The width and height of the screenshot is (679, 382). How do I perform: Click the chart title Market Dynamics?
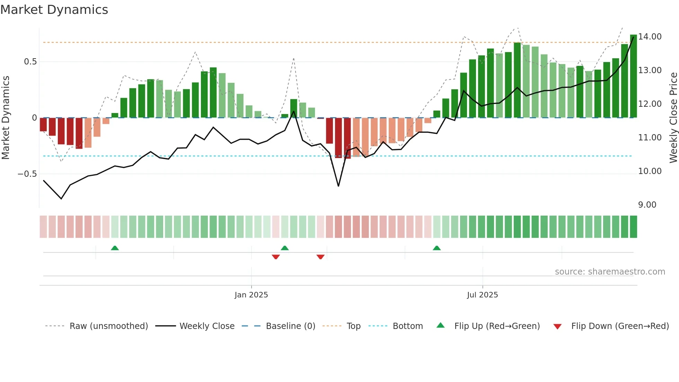tap(54, 10)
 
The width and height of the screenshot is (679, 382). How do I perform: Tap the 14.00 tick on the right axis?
tap(650, 37)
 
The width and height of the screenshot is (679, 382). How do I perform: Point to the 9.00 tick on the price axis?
tap(647, 205)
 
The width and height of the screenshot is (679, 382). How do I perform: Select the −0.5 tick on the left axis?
tap(27, 174)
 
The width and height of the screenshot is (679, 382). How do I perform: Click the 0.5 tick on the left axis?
tap(30, 62)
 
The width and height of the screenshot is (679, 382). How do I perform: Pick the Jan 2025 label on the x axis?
tap(251, 295)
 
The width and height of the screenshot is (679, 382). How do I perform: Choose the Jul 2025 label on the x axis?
tap(482, 295)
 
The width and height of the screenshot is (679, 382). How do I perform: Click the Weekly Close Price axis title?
tap(673, 118)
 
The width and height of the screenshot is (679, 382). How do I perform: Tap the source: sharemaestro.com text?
tap(610, 272)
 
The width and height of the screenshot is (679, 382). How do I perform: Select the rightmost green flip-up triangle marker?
tap(436, 248)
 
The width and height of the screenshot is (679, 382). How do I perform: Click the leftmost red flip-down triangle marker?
tap(276, 257)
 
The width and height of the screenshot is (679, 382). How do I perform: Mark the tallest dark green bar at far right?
tap(633, 76)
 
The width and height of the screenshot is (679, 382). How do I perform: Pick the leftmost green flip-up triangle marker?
tap(115, 248)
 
